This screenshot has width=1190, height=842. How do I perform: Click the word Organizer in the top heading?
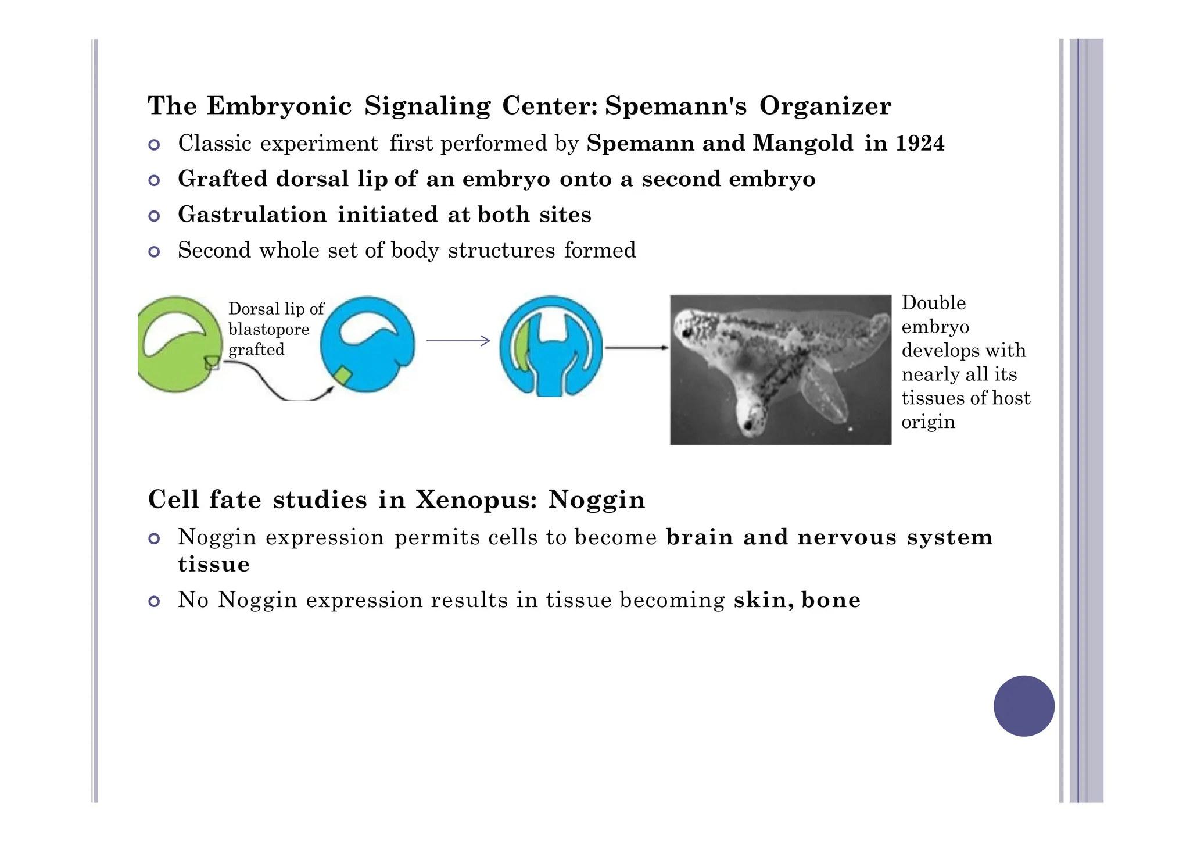pos(825,106)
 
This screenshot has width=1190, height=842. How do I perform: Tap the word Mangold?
pos(803,143)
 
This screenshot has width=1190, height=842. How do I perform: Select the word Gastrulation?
pos(252,215)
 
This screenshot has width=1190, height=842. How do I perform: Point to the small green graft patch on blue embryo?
pos(343,376)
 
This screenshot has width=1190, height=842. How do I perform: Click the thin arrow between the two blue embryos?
pos(458,341)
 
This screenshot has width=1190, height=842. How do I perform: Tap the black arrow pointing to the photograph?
pos(637,348)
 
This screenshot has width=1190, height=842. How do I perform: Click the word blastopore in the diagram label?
pos(268,329)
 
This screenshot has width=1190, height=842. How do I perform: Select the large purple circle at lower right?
pos(1024,706)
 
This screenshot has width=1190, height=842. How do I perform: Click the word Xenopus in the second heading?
pos(476,500)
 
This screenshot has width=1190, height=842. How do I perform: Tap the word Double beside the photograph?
pos(933,303)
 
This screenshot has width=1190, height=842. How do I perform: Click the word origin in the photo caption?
pos(928,422)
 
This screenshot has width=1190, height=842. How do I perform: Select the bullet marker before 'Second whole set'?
pos(154,252)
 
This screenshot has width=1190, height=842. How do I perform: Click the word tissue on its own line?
pos(214,564)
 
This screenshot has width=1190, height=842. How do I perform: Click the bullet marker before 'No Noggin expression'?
pos(154,601)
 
